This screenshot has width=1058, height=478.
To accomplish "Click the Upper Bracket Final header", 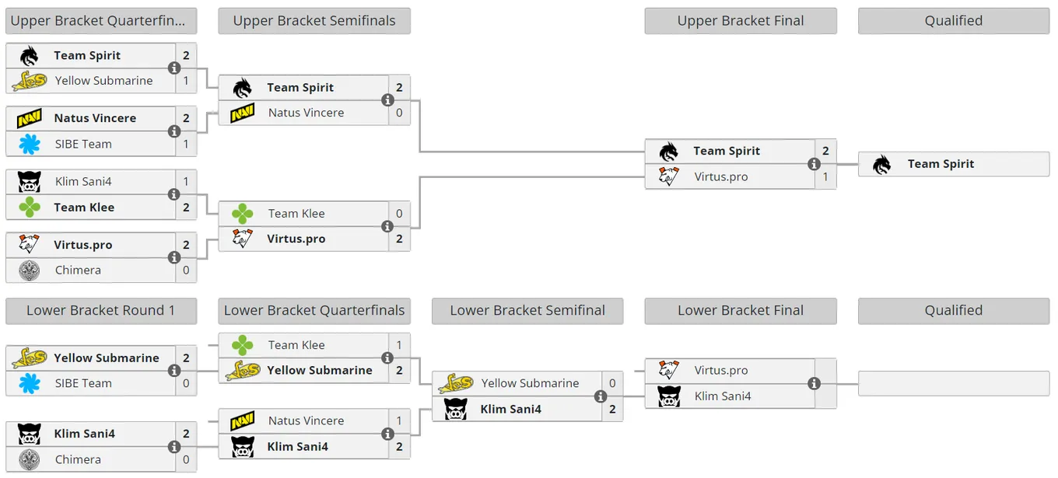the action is tap(740, 21).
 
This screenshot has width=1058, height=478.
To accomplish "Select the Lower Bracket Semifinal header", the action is tap(527, 310).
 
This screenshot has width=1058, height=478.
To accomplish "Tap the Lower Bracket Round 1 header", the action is tap(101, 310).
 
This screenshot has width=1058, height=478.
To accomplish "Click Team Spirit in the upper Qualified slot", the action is tap(941, 164).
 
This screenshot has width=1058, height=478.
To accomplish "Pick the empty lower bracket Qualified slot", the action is tap(954, 384).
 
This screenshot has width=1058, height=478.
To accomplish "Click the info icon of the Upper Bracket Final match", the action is tap(814, 164).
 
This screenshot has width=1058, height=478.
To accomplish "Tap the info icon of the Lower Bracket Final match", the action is tap(814, 384).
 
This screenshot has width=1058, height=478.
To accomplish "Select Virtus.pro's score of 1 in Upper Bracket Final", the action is tap(825, 177).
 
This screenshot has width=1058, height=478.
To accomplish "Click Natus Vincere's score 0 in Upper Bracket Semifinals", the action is tap(399, 113).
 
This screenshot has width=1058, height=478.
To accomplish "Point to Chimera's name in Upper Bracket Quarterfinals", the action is tap(78, 270).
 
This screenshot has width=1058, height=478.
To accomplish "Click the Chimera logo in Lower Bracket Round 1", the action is tap(30, 459).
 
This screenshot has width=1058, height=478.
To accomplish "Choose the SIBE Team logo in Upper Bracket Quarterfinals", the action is tap(30, 145).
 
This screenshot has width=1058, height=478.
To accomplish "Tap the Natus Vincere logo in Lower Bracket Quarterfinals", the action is tap(242, 420).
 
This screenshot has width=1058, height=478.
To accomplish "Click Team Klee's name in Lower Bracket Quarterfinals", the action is tap(296, 345).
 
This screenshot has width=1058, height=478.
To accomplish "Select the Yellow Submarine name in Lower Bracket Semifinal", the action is tap(530, 383).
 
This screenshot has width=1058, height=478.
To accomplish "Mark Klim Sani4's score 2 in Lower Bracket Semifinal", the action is tap(612, 409).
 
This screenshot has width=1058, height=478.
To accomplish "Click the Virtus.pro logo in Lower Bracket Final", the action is tap(669, 371).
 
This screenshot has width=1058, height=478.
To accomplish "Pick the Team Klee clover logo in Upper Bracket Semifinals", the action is tap(242, 214).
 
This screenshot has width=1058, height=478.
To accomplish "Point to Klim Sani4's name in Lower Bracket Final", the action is tap(722, 396).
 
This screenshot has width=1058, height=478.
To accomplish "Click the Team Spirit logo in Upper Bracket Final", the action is tap(669, 152).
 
